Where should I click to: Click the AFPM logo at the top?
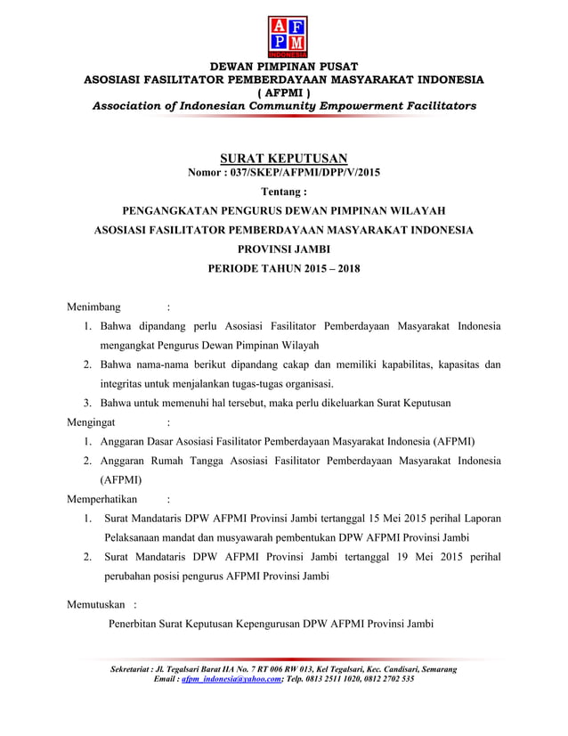(284, 35)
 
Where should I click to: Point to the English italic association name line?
(284, 106)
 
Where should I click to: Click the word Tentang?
(282, 191)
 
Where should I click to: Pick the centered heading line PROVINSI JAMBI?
(283, 249)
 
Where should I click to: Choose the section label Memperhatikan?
(104, 499)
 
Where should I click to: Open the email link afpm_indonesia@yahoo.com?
(230, 679)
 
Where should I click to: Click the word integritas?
(126, 384)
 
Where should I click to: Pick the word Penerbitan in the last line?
(136, 624)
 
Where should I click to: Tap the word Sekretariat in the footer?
(128, 668)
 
